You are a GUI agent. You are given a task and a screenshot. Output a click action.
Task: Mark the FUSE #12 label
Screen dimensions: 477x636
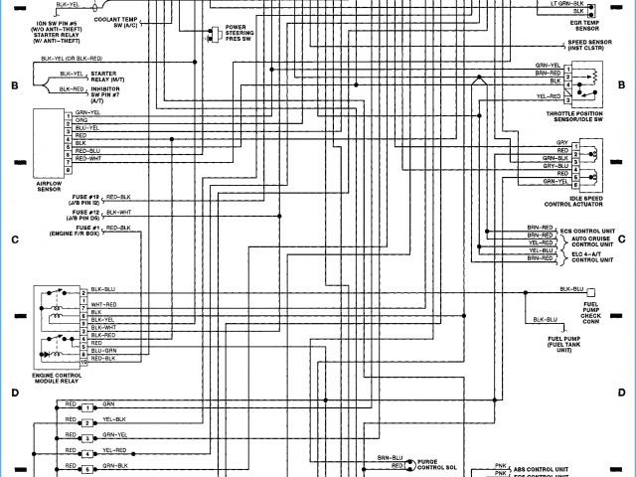pos(86,215)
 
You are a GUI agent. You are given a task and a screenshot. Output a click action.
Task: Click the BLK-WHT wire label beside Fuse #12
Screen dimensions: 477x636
pos(117,213)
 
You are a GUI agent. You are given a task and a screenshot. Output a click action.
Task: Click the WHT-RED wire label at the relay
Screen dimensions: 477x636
pos(103,304)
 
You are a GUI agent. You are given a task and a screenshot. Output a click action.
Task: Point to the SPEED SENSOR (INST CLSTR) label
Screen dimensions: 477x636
pos(593,46)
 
